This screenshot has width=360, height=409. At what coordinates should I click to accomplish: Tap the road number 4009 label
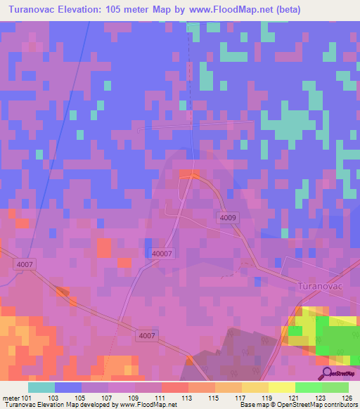[x=227, y=218]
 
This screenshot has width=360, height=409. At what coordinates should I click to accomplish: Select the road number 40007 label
[x=162, y=254]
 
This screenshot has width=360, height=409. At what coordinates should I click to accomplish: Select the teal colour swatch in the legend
[x=41, y=387]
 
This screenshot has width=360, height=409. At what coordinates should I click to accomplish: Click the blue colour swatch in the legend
[x=68, y=387]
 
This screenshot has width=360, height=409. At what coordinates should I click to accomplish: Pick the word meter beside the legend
[x=11, y=398]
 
